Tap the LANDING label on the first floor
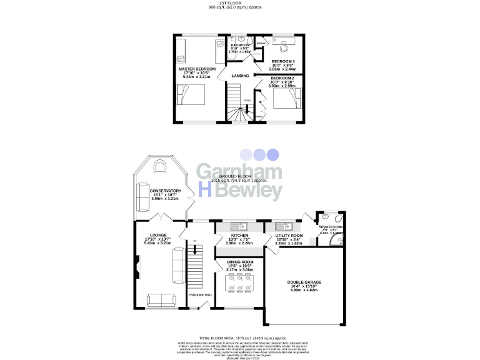click(240, 76)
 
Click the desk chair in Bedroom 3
click(282, 44)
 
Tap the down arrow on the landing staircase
click(247, 100)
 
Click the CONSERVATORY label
click(165, 191)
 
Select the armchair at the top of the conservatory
click(159, 166)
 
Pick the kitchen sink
click(238, 226)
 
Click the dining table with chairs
click(239, 282)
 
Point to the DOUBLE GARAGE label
click(304, 282)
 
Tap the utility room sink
click(279, 226)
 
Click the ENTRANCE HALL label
click(199, 294)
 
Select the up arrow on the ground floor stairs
click(194, 241)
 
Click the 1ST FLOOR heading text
click(241, 3)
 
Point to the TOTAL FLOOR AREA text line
click(241, 337)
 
